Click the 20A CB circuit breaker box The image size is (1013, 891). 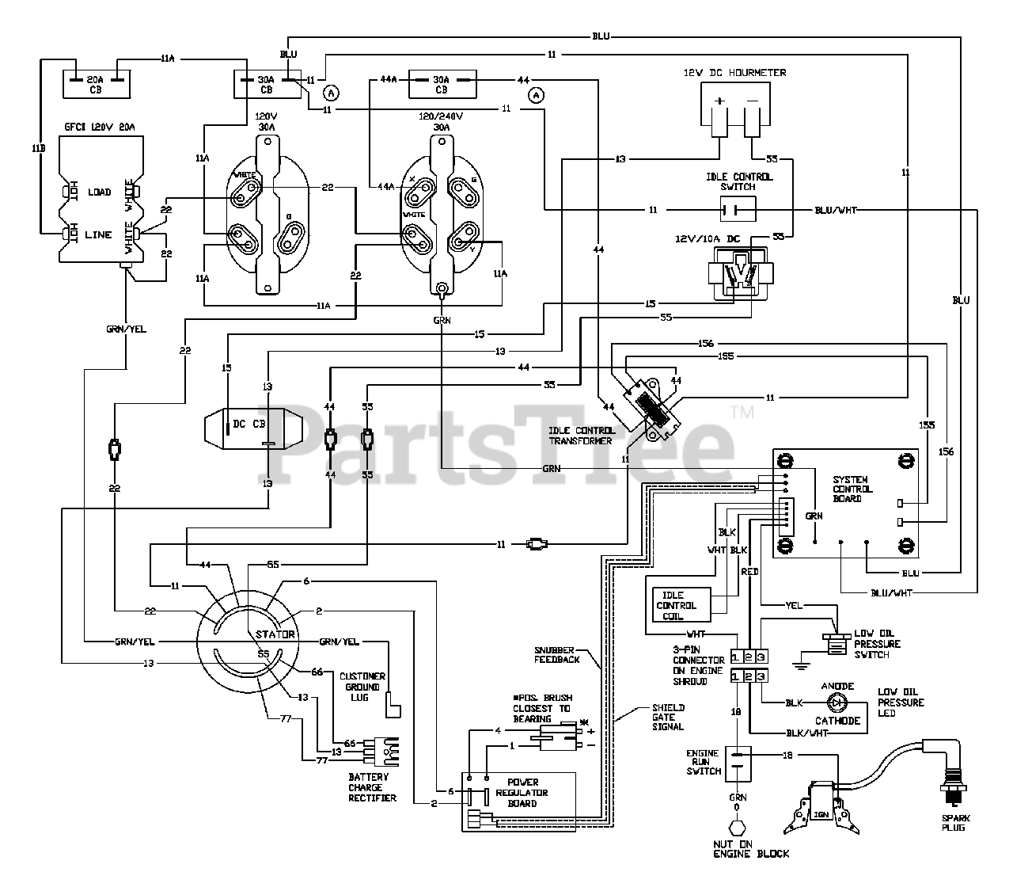pos(95,85)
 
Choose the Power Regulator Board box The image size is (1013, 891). pos(519,801)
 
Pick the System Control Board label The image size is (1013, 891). pos(851,489)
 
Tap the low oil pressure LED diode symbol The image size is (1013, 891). pos(837,702)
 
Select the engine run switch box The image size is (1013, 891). pos(738,765)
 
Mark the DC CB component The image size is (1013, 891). pos(253,424)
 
